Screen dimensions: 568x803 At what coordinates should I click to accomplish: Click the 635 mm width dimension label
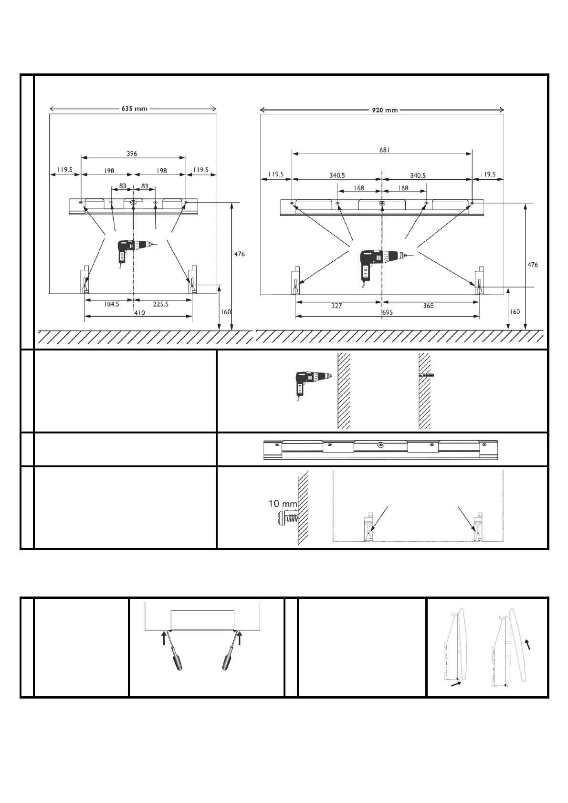pos(134,109)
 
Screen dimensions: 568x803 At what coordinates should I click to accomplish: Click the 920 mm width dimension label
pos(385,111)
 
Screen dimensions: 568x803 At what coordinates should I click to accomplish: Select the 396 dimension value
pos(132,154)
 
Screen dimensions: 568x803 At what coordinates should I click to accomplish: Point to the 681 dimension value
pos(385,150)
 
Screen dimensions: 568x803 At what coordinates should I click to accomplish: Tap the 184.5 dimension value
pos(111,304)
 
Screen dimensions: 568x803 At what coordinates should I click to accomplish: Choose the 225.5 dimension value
pos(160,304)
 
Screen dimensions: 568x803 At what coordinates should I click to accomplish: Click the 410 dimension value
pos(139,313)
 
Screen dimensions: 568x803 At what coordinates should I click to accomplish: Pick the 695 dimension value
pos(387,312)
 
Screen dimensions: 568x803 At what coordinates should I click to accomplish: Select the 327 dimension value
pos(337,306)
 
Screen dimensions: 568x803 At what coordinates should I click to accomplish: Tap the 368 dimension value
pos(428,306)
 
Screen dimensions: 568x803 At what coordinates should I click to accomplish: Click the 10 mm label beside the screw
pos(283,504)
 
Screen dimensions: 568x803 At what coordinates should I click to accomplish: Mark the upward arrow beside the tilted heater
pos(527,645)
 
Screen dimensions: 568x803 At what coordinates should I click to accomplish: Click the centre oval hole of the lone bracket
pos(380,445)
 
